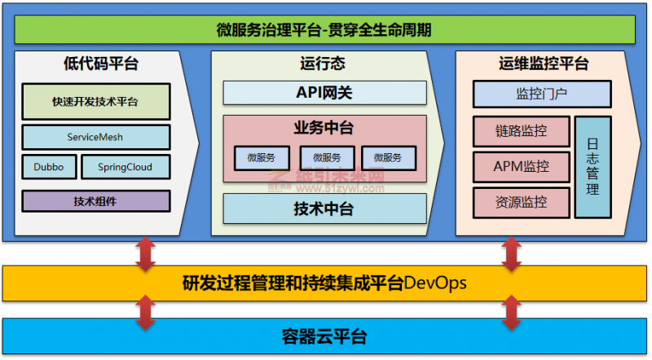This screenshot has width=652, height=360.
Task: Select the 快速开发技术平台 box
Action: point(95,102)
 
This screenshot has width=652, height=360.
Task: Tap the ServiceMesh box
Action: point(95,137)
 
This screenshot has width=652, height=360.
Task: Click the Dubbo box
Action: point(49,167)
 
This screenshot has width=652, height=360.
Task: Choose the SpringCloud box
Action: point(126,167)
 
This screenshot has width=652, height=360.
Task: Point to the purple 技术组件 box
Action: point(95,200)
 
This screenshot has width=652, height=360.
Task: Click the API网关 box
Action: point(324,93)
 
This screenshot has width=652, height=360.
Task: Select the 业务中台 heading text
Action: point(324,128)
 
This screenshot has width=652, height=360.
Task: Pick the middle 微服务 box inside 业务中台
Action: point(327,157)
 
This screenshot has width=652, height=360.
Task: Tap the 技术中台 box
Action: point(324,209)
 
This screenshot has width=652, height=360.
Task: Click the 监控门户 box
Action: point(542,94)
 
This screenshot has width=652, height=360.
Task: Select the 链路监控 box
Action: point(521,131)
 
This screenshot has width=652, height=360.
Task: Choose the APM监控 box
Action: point(521,167)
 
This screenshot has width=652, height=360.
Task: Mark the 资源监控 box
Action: point(521,202)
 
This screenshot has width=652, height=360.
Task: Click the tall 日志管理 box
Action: point(593,167)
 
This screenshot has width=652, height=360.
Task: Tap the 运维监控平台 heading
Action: point(544,64)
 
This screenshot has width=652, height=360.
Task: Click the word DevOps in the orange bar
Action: point(435,283)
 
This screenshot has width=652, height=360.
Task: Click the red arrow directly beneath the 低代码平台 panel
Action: point(146,253)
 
